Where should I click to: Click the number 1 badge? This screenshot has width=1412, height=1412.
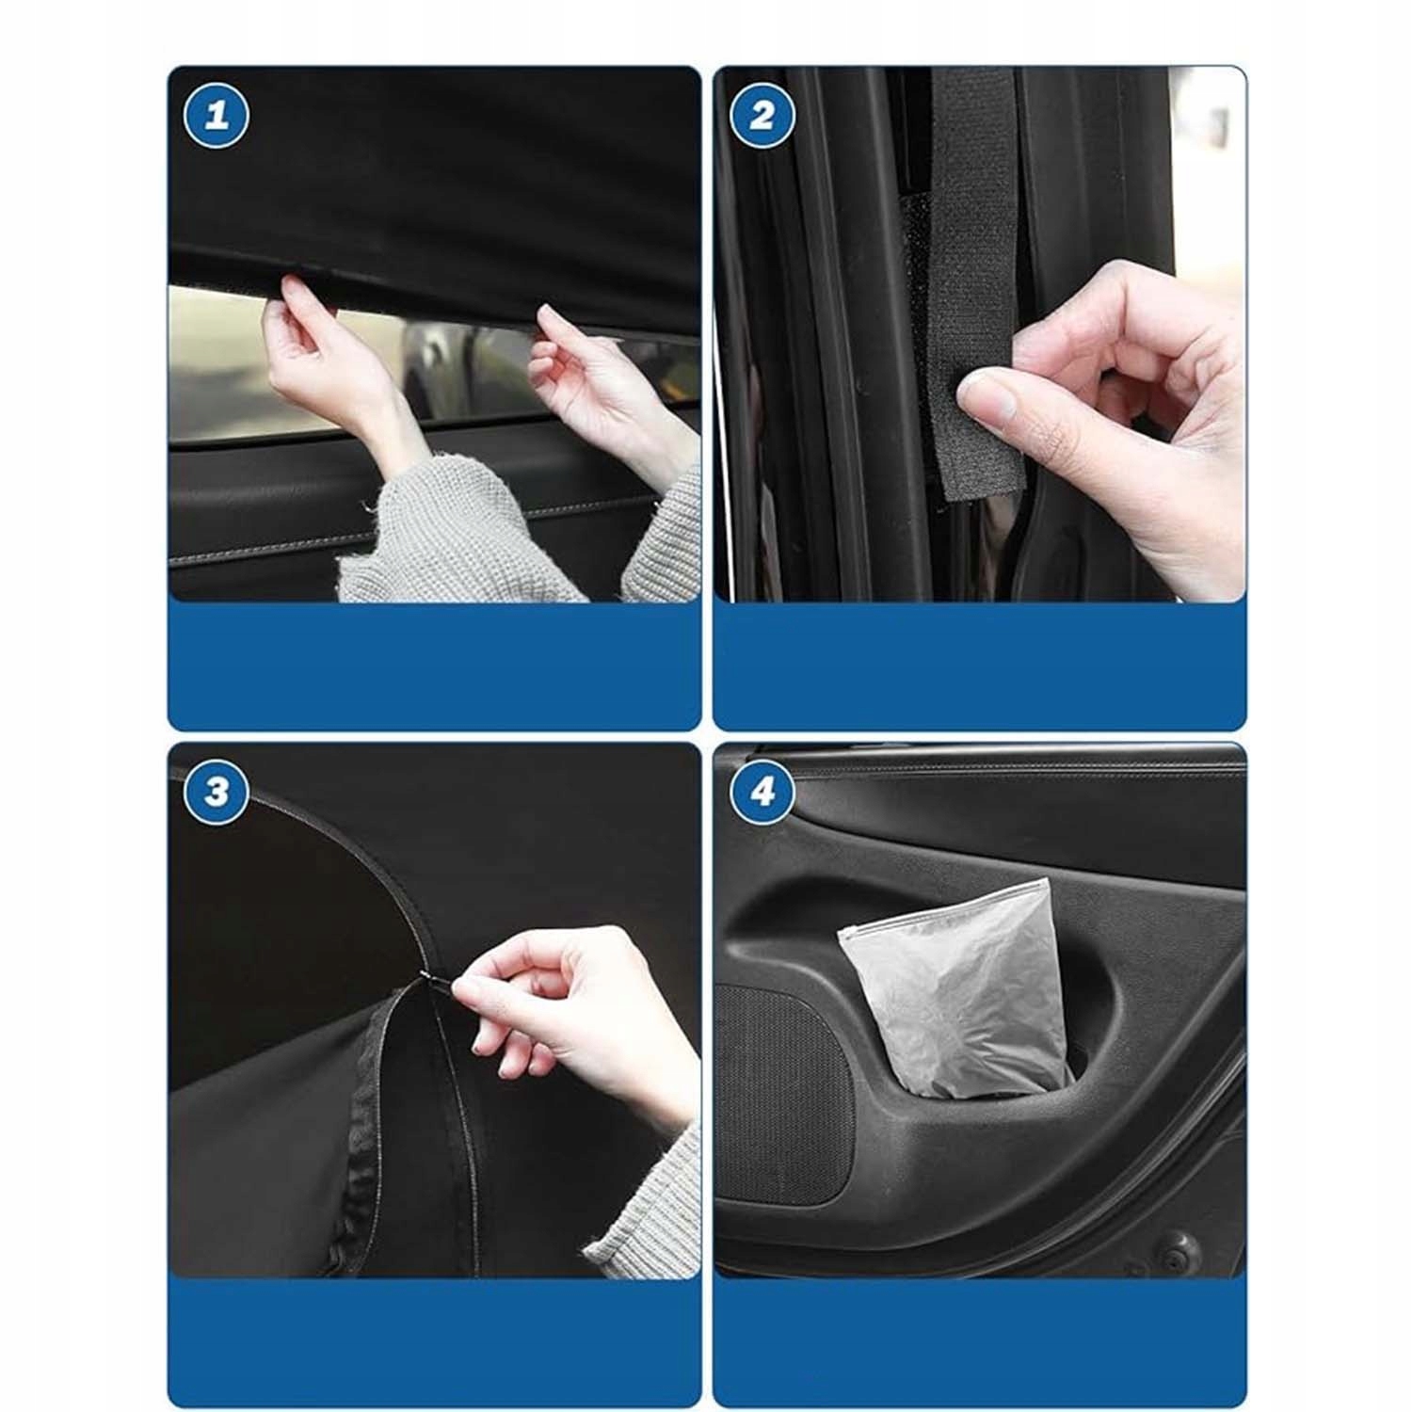tap(217, 116)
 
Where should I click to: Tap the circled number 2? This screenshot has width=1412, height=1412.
tap(762, 116)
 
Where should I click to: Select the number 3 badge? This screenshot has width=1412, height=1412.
tap(217, 791)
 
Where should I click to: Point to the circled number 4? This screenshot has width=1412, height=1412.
tap(762, 791)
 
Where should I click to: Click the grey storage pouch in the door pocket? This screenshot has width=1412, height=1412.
tap(955, 988)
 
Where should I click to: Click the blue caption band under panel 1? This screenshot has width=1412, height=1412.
tap(434, 666)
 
